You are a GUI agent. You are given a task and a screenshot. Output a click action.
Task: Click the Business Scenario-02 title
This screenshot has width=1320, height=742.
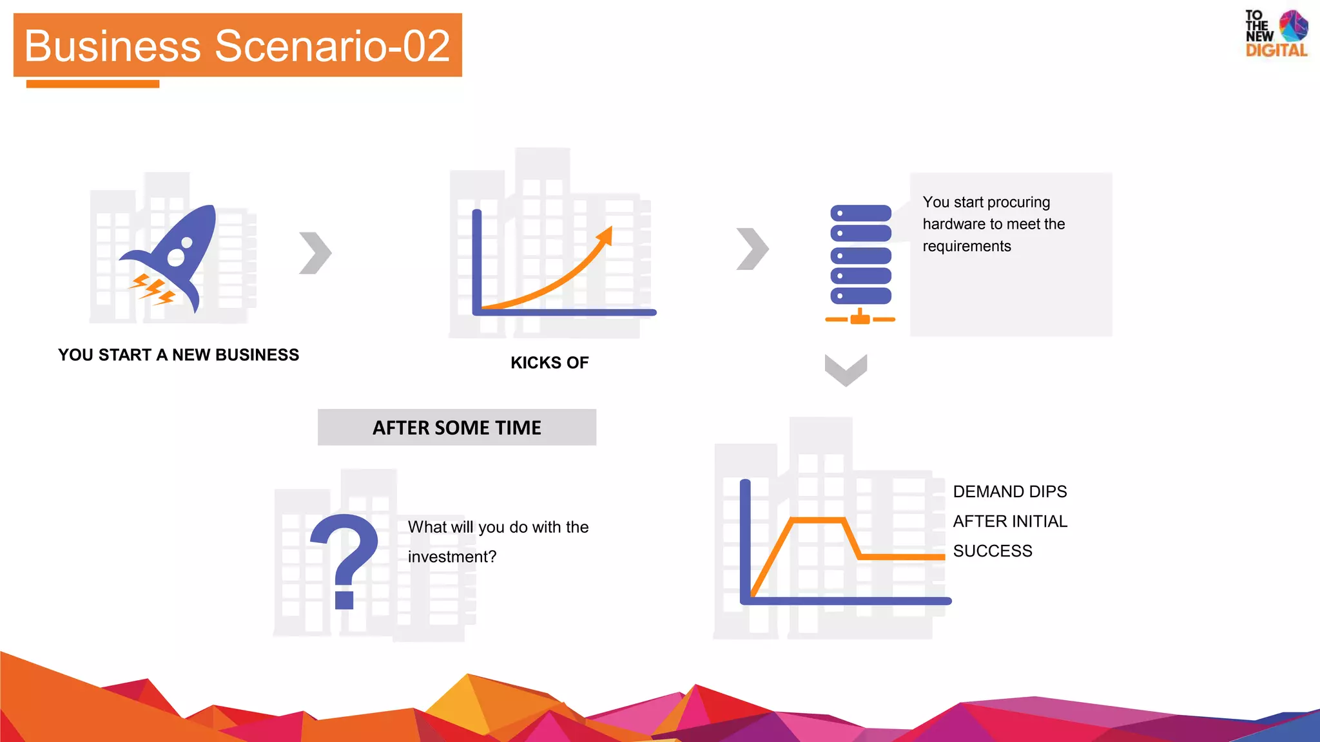pos(237,46)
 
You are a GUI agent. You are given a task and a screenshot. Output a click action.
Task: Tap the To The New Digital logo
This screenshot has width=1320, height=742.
pos(1276,34)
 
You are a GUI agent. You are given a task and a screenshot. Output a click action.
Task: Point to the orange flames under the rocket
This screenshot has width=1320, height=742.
pos(152,289)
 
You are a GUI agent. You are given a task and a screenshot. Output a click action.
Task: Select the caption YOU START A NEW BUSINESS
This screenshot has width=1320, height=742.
pos(179,355)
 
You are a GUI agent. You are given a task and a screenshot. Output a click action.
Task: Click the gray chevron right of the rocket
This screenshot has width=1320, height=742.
pos(315,253)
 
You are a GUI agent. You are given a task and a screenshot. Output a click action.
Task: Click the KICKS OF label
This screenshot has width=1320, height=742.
pos(549,363)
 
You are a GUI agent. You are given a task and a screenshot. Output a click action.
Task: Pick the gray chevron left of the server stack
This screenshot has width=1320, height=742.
pos(752,249)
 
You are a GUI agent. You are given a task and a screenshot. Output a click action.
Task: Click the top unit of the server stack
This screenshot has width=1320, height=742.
pos(860,213)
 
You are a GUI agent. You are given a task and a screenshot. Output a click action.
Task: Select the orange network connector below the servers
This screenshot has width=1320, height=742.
pos(860,318)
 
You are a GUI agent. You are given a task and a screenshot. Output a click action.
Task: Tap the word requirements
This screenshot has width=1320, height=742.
pos(967,246)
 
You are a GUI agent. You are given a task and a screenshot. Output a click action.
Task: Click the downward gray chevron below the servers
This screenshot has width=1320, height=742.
pos(846,370)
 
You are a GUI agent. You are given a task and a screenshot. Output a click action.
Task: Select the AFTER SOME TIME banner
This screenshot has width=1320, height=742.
pos(457,428)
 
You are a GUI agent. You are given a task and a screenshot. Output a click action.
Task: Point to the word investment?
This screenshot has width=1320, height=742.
pos(452,556)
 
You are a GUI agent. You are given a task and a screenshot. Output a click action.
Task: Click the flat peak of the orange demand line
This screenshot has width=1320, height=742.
pos(817,520)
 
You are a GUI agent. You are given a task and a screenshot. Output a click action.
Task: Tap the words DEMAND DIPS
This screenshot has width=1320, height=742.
pos(1009,491)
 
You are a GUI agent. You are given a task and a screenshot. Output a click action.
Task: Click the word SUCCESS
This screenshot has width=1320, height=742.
pos(993,551)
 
